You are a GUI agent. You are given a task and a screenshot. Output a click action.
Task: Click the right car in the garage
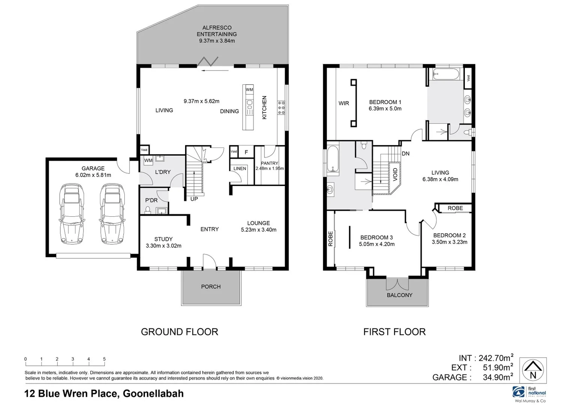[x=112, y=214]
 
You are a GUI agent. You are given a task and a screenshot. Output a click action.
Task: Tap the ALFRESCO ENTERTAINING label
[x=217, y=31]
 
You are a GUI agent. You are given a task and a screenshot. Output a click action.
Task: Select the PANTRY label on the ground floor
[x=269, y=163]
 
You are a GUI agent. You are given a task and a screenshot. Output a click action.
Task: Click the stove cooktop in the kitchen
[x=281, y=108]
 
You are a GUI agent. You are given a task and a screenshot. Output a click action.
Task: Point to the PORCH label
[x=211, y=286]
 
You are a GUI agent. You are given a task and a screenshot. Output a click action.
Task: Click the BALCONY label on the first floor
[x=399, y=295]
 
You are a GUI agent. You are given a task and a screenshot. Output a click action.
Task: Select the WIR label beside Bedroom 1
[x=343, y=103]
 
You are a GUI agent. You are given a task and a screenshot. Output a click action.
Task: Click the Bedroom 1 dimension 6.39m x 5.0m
[x=385, y=109]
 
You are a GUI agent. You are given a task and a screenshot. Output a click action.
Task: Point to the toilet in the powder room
[x=148, y=210]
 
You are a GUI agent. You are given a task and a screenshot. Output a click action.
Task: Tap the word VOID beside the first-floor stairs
[x=395, y=174]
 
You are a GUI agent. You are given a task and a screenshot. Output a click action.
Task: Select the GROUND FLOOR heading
[x=179, y=332]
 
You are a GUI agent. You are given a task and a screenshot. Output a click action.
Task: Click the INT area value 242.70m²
[x=496, y=358]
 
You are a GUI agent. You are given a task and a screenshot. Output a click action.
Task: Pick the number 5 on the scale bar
[x=104, y=359]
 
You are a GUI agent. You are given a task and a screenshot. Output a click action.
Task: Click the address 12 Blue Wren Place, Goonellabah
[x=104, y=393]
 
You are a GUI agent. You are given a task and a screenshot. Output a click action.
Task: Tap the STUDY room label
[x=163, y=239]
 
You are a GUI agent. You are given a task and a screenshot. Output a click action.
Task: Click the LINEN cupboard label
[x=240, y=168]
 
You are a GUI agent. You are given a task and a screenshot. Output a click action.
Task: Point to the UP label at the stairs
[x=194, y=199]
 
